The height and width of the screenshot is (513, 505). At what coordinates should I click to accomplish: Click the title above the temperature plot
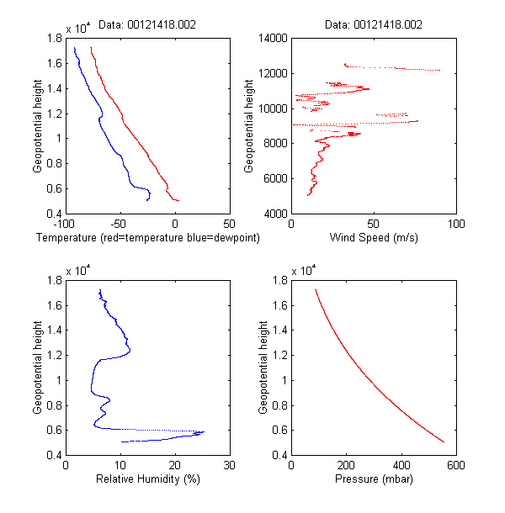[x=147, y=25]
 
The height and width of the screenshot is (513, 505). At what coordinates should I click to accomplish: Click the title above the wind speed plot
[x=373, y=25]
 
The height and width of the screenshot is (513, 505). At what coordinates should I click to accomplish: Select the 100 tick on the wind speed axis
[x=455, y=225]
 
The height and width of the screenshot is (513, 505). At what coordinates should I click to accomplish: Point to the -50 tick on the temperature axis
[x=119, y=225]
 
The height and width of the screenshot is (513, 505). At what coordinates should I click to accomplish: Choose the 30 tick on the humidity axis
[x=229, y=465]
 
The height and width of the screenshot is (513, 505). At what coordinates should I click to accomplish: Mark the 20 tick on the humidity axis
[x=174, y=465]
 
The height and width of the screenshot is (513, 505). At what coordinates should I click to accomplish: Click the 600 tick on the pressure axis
[x=455, y=465]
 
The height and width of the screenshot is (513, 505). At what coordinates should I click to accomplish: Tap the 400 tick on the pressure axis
[x=401, y=465]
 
